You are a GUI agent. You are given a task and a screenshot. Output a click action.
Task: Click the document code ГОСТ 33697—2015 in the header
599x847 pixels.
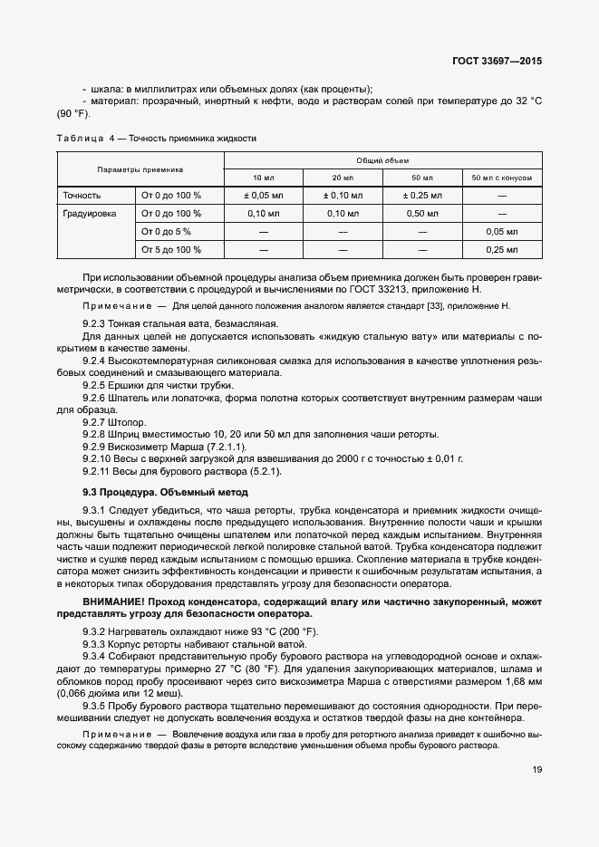(502, 63)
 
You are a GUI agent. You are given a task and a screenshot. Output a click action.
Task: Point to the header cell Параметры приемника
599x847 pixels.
(140, 168)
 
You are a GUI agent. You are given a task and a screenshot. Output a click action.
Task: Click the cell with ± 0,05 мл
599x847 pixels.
(264, 196)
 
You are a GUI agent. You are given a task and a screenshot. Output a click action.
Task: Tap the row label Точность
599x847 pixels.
(82, 196)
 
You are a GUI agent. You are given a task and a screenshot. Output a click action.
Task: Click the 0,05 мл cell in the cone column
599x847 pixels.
(501, 232)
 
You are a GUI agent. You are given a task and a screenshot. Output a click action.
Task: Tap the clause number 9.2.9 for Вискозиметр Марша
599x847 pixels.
(94, 448)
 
